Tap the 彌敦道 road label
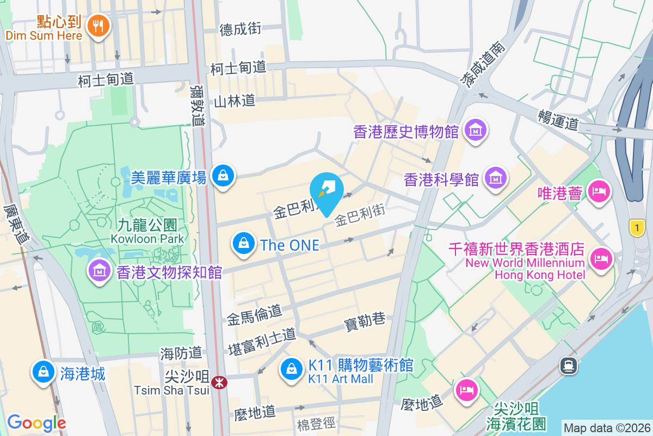(x=198, y=105)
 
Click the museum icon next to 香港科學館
(x=496, y=178)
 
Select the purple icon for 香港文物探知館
(x=99, y=271)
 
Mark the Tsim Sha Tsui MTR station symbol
(x=220, y=383)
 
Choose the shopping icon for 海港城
(x=42, y=373)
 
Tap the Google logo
(x=36, y=422)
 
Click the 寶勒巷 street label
(x=364, y=321)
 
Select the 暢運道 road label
(x=558, y=120)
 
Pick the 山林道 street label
(x=234, y=101)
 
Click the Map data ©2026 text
(x=607, y=428)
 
